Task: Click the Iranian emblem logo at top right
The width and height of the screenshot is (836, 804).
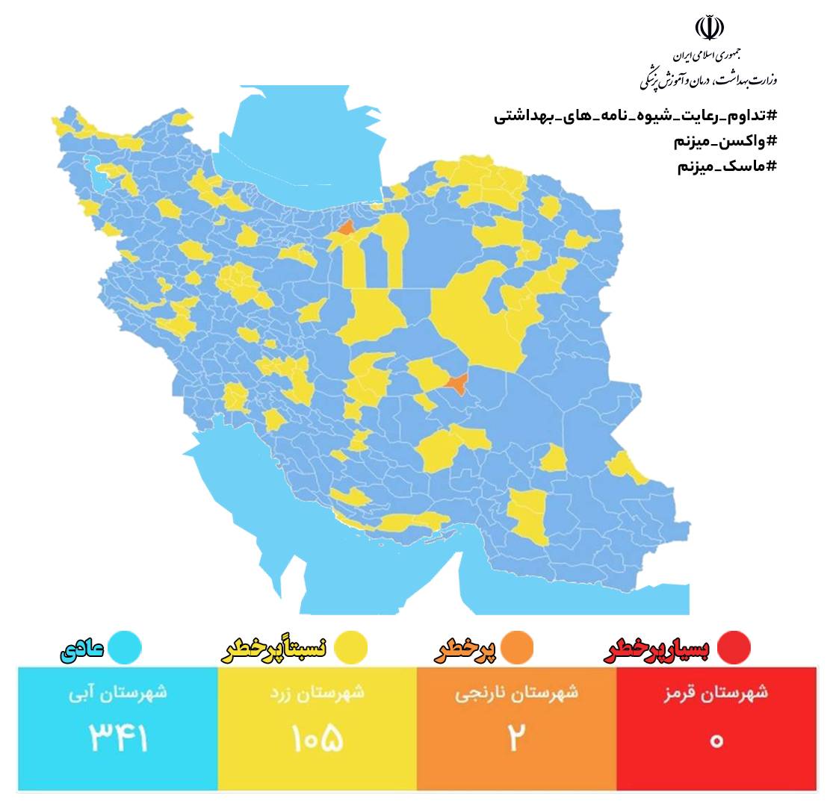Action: tap(709, 27)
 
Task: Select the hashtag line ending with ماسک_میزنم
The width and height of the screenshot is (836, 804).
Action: tap(726, 166)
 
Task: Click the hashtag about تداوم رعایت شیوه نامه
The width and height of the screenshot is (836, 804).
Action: tap(635, 116)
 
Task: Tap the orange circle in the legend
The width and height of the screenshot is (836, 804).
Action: tap(516, 647)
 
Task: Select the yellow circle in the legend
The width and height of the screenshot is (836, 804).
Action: tap(350, 647)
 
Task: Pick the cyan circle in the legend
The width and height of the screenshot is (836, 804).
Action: tap(124, 647)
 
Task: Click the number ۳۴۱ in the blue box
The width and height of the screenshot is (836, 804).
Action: tap(119, 738)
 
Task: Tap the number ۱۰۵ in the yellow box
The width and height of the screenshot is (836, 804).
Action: tap(317, 738)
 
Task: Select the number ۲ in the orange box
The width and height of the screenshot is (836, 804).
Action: tap(516, 738)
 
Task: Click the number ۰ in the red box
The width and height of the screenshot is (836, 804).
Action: tap(716, 741)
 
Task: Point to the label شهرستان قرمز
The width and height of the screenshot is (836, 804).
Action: tap(716, 692)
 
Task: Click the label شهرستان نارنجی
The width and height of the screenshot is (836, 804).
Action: tap(516, 692)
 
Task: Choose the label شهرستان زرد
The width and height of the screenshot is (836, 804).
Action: tap(318, 692)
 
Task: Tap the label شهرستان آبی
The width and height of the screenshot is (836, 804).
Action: tap(118, 692)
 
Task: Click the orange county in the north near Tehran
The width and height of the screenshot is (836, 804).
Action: tap(346, 228)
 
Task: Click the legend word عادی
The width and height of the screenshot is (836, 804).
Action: tap(82, 649)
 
